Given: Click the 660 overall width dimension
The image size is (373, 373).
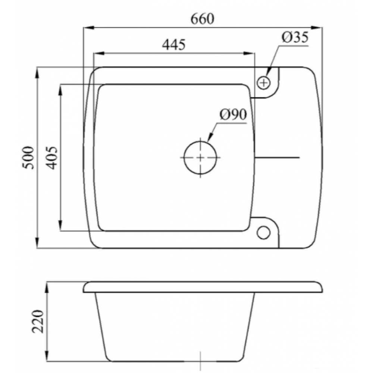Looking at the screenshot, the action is (203, 19).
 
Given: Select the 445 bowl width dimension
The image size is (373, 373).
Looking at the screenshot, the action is (174, 44).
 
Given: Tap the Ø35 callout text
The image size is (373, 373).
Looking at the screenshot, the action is (295, 37).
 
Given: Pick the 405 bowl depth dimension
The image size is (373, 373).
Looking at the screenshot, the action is (52, 157).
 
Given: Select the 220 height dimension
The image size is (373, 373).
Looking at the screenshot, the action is (38, 322).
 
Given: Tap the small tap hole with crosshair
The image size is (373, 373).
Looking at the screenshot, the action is (264, 83).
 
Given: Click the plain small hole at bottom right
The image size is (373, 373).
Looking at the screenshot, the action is (264, 232).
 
